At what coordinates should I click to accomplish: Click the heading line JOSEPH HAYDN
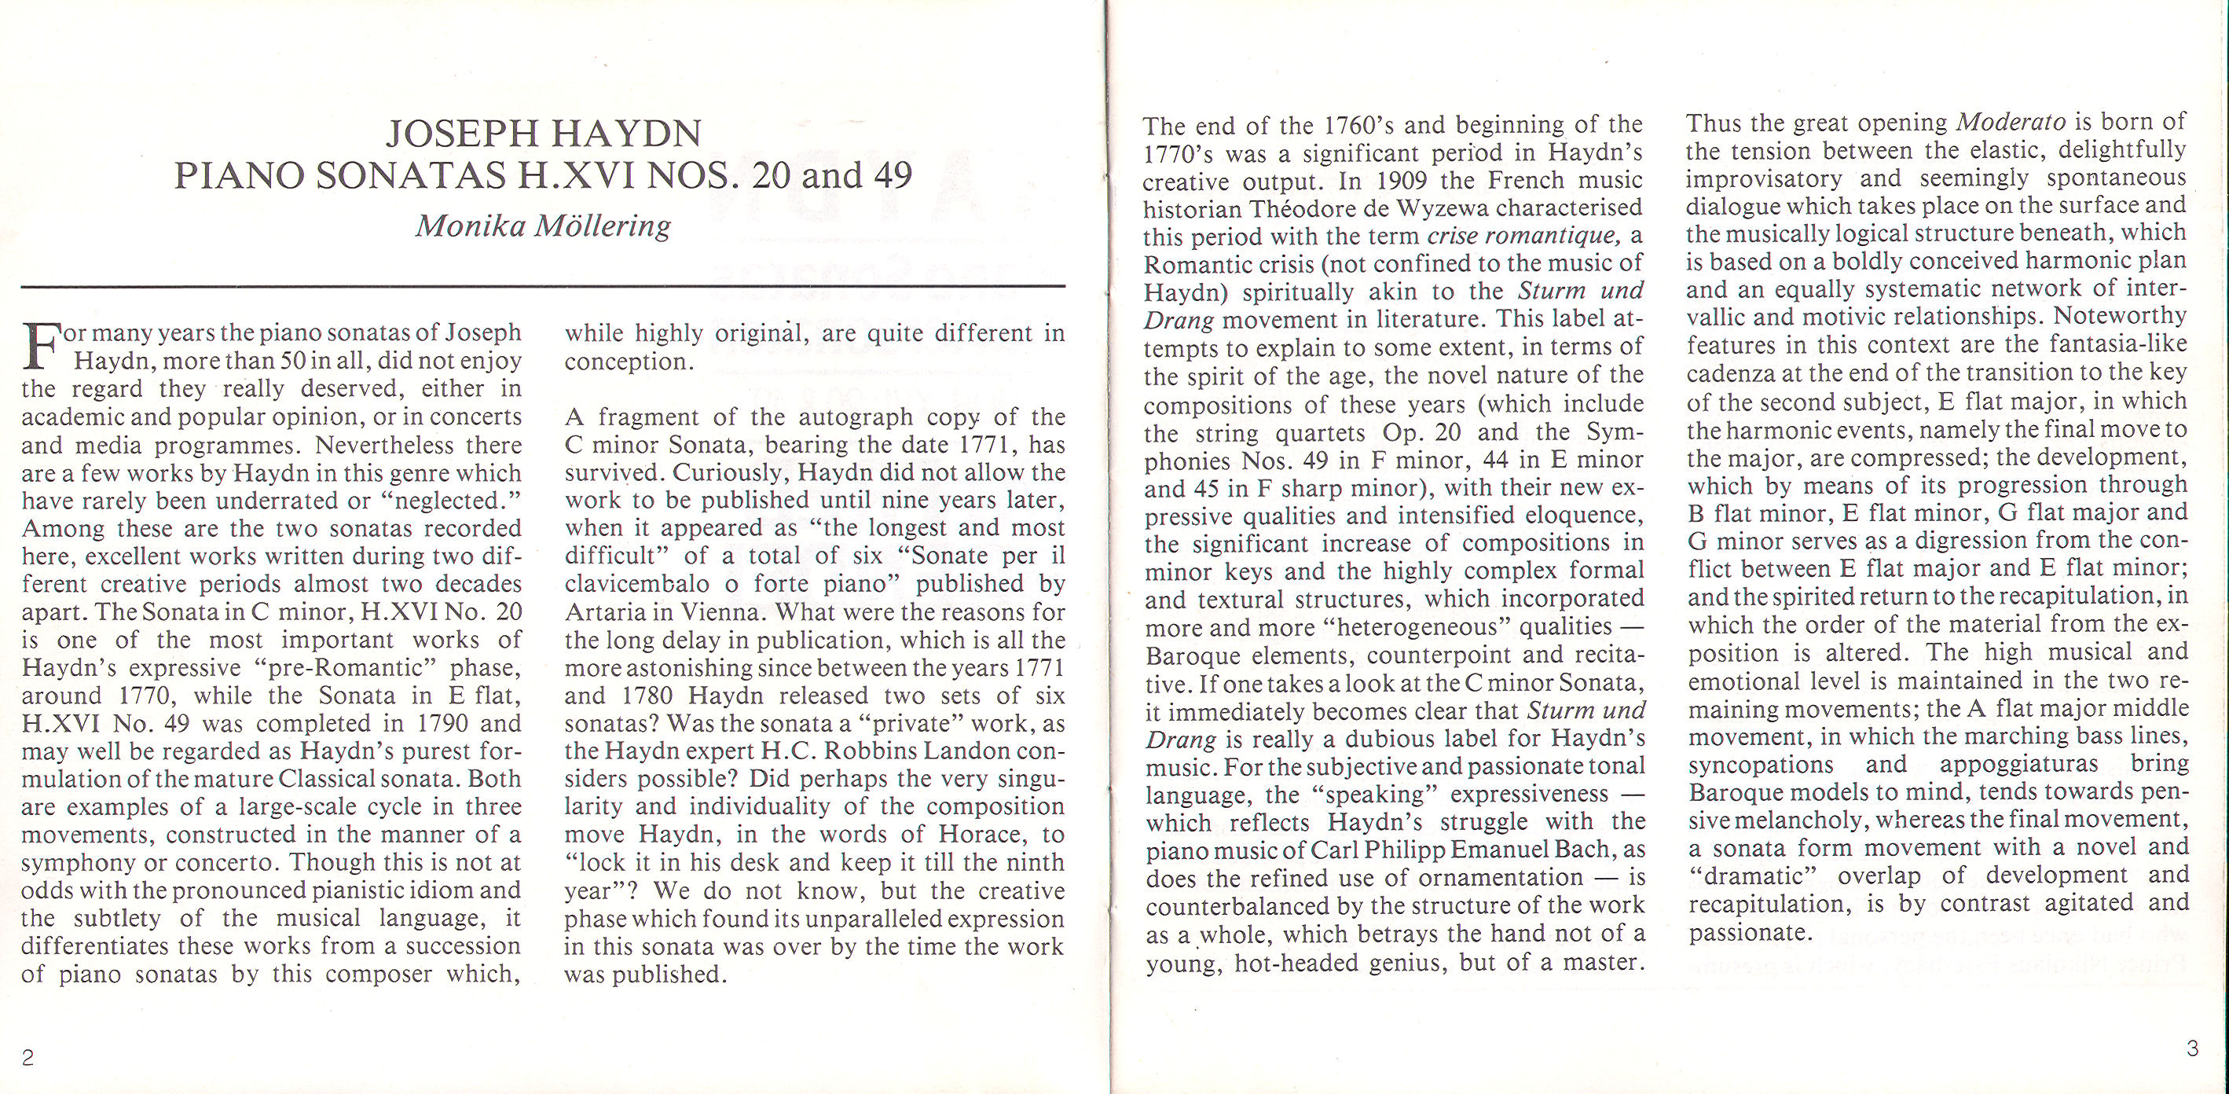(544, 134)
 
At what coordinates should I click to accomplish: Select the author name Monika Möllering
(544, 226)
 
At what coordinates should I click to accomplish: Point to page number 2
(27, 1058)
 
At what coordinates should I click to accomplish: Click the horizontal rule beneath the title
(544, 285)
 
